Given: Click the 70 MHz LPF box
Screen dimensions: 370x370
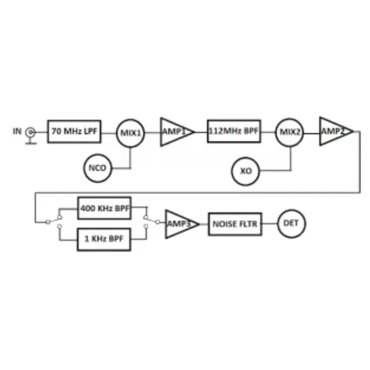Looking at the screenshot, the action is click(x=74, y=132).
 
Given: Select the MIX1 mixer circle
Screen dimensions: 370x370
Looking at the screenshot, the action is click(x=130, y=133).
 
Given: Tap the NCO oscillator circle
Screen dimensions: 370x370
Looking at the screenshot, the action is click(x=98, y=168).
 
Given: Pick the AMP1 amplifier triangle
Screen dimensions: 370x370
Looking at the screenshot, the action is click(x=177, y=132).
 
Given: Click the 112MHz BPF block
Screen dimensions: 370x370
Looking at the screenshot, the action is click(x=234, y=131).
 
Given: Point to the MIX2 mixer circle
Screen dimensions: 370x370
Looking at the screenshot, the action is click(x=290, y=132).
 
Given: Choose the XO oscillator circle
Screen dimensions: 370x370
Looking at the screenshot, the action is click(x=245, y=171).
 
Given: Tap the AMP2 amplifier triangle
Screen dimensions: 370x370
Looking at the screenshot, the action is click(x=336, y=131).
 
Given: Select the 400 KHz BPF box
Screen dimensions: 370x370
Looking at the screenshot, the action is click(x=104, y=208).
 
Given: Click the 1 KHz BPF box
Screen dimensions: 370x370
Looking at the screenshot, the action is click(x=104, y=239).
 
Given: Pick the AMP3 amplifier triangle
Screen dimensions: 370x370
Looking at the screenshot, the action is click(x=182, y=224).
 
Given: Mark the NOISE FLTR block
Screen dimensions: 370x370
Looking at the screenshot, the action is click(x=235, y=224).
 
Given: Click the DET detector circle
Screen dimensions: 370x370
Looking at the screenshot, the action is click(x=291, y=223).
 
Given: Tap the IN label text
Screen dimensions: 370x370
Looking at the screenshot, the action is click(x=17, y=131).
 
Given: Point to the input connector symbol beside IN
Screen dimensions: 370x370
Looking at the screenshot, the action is click(x=31, y=136).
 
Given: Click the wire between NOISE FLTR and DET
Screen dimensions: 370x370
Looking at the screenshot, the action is click(x=269, y=223).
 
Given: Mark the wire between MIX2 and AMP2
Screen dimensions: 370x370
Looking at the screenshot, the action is click(x=312, y=134).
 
